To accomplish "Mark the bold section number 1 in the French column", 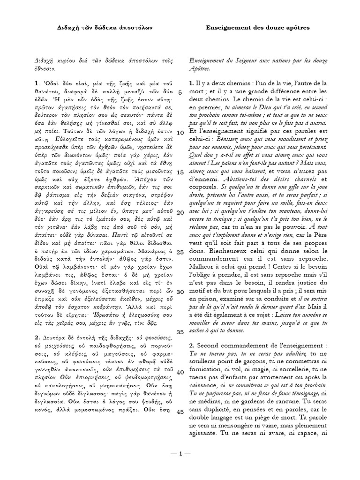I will pos(191,83).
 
